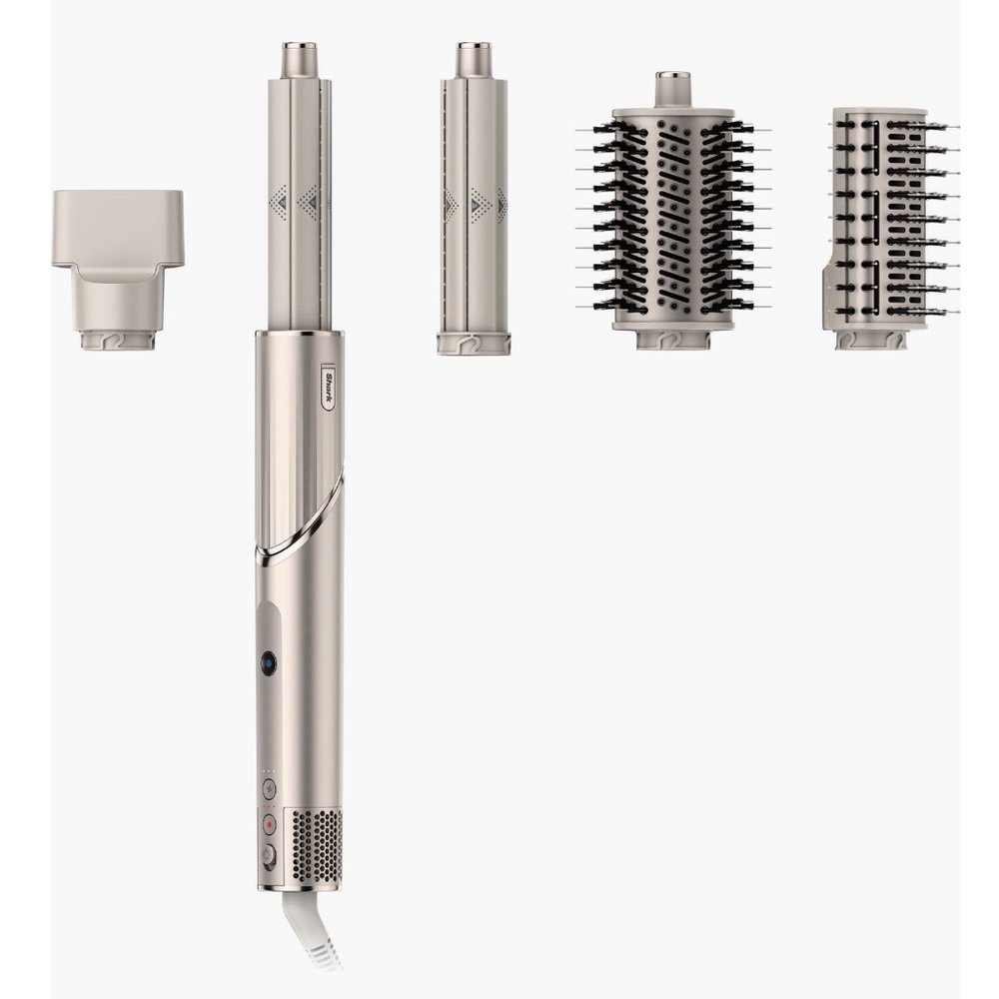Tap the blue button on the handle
point(269,664)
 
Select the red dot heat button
point(269,824)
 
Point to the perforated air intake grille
point(317,845)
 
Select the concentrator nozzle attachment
point(117,270)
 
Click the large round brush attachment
point(673,211)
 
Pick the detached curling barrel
point(474,198)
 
